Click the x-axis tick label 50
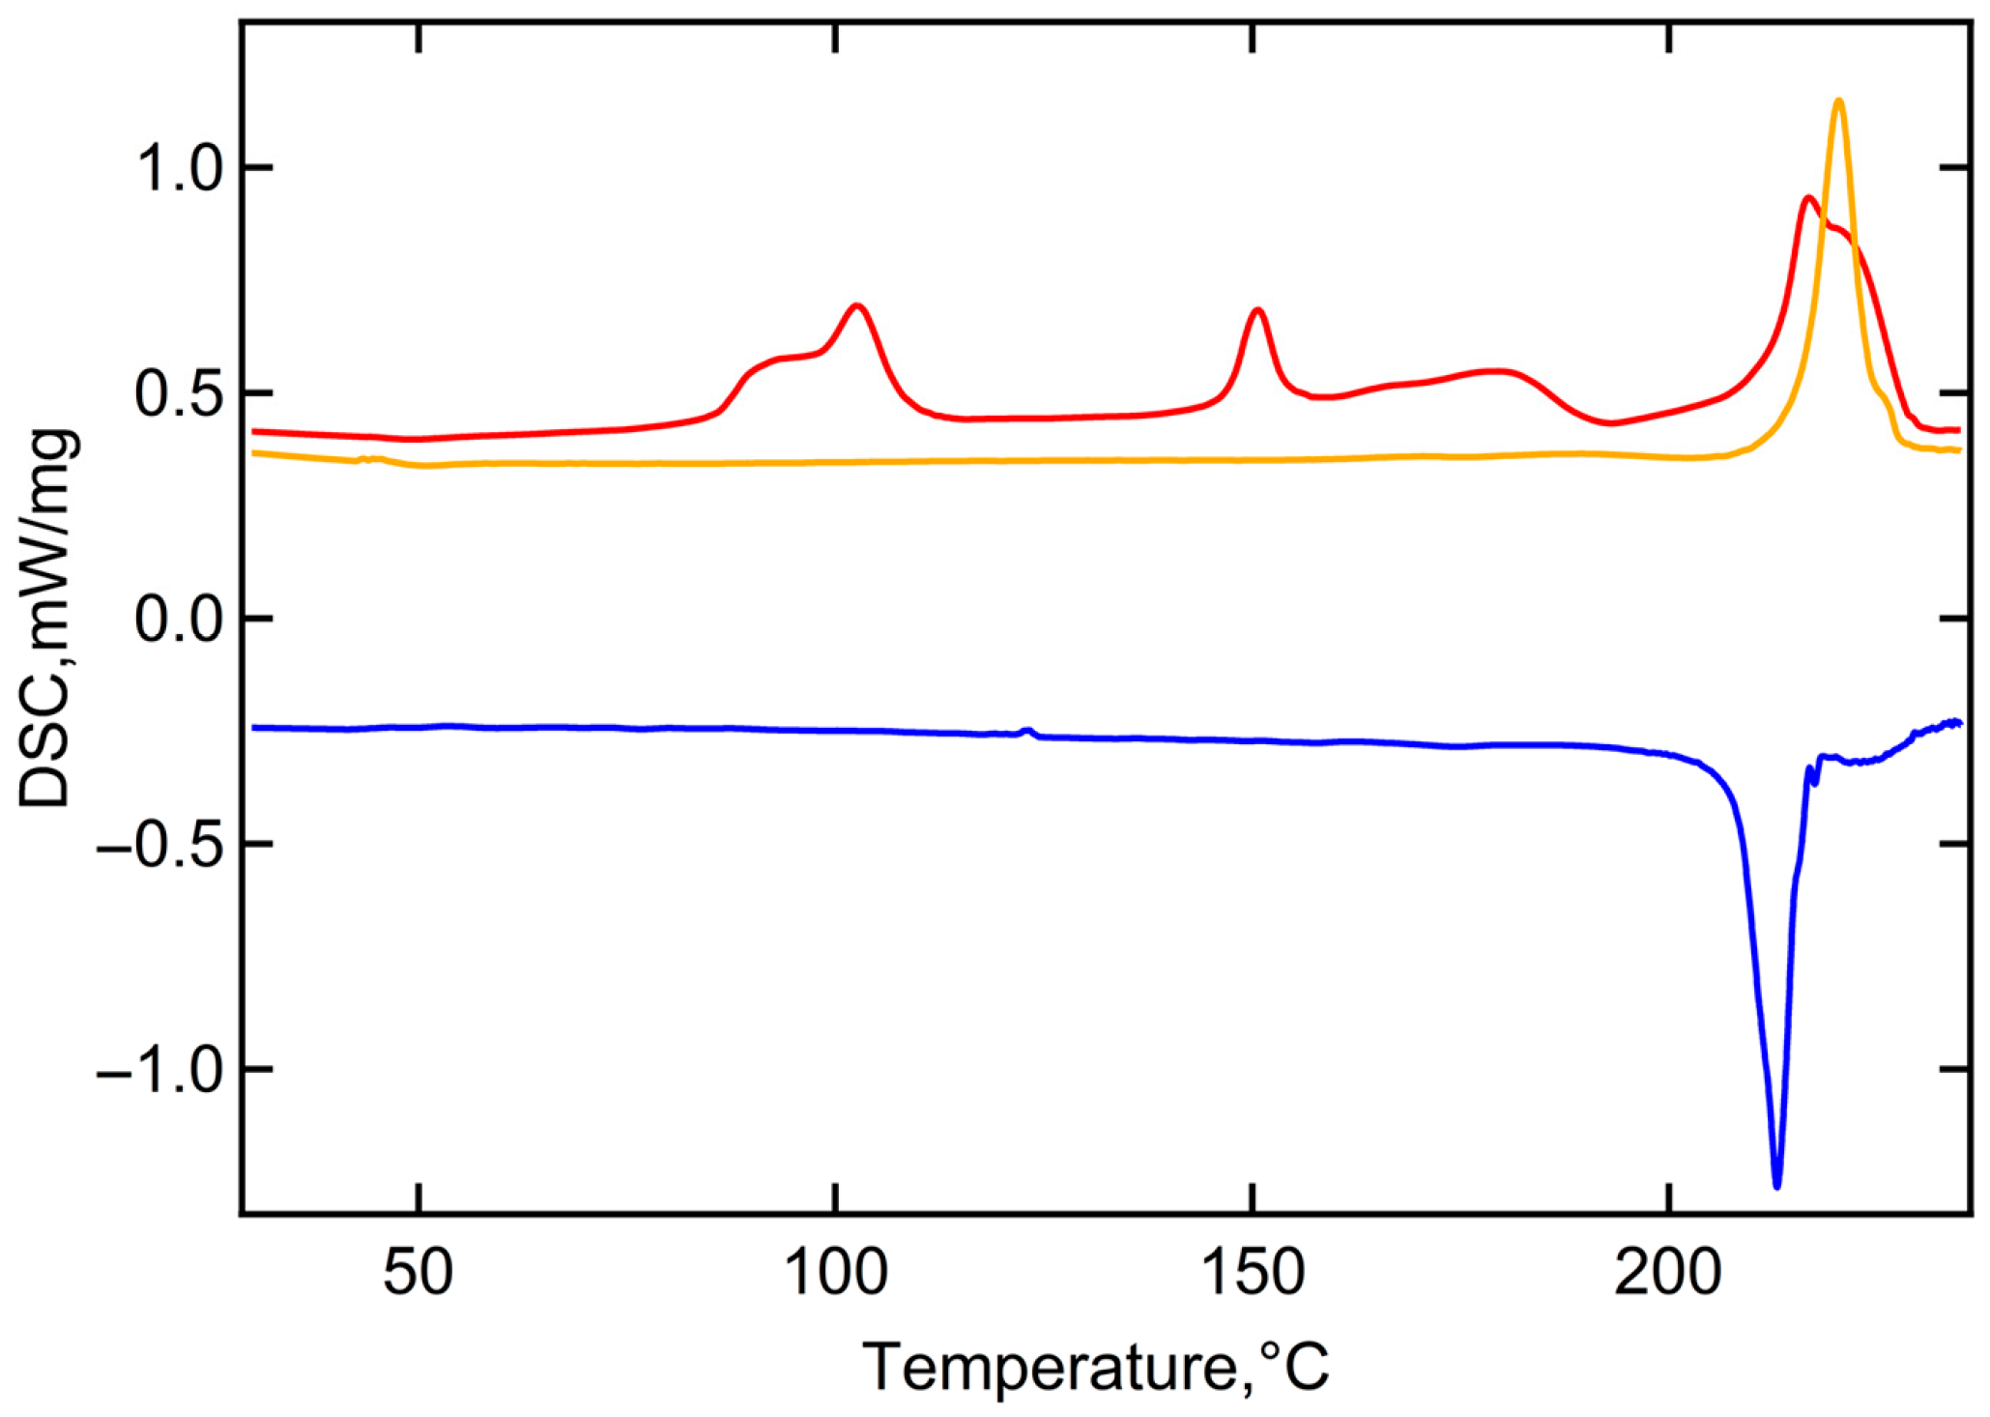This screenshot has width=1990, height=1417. (x=418, y=1274)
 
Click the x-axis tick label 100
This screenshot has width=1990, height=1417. (x=835, y=1274)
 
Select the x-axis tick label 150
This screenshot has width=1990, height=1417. (x=1253, y=1274)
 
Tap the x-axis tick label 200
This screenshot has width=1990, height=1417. (x=1669, y=1274)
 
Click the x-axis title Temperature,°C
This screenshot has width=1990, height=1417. (x=1095, y=1367)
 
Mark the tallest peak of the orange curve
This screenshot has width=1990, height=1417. (x=1838, y=101)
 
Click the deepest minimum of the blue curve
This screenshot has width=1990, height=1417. (x=1776, y=1185)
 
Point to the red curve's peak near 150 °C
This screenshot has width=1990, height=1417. (x=1257, y=310)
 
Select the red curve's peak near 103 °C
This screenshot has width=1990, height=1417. (x=856, y=305)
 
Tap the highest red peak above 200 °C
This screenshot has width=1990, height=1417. (x=1807, y=198)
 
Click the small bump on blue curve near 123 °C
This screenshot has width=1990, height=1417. (x=1028, y=730)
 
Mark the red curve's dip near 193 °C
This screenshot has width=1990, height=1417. (x=1608, y=423)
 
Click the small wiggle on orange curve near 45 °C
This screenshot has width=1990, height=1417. (x=372, y=458)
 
